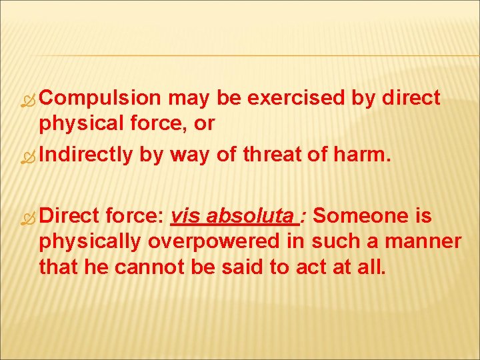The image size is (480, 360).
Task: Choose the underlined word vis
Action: point(182,216)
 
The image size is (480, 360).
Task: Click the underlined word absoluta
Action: point(251,216)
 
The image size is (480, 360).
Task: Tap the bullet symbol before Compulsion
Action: point(29,99)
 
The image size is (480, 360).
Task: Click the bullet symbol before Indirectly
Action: point(29,155)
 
